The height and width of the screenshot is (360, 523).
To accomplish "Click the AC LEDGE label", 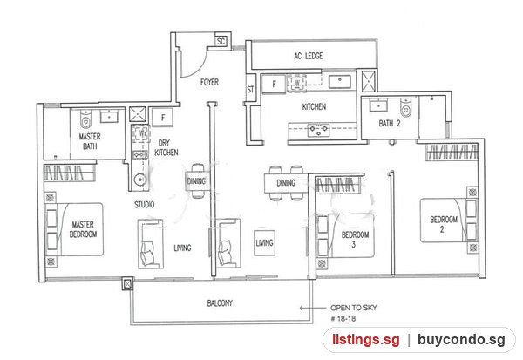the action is (x=309, y=56).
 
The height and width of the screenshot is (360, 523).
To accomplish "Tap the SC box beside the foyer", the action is (x=221, y=41).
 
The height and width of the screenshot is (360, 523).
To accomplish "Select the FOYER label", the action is (x=209, y=82).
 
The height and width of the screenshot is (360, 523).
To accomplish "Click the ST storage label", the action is (x=250, y=90).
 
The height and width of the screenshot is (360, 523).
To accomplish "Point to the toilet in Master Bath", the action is (x=85, y=119).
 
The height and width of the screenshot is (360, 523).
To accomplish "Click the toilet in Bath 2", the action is (x=406, y=108).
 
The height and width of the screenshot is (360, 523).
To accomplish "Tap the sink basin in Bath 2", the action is (x=378, y=106).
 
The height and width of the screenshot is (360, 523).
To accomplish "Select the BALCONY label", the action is (x=220, y=303).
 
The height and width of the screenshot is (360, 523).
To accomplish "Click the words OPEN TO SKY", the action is (x=354, y=308).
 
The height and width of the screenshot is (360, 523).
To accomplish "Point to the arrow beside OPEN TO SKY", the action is (x=313, y=308).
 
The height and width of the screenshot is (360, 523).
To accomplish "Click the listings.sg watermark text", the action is (x=366, y=340).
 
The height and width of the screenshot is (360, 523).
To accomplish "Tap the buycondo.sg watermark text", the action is (x=461, y=340).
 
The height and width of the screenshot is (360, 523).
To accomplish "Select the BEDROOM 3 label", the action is (x=355, y=239).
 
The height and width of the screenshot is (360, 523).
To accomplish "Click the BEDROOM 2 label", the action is (x=444, y=224).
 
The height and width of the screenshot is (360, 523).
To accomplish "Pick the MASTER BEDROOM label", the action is (x=83, y=229).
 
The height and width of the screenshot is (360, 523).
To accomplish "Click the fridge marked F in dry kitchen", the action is (x=163, y=118).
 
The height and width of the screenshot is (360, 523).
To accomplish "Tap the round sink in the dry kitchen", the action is (x=140, y=180).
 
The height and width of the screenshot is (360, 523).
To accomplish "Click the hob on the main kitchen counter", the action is (x=318, y=130).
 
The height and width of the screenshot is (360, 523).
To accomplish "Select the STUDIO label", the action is (x=145, y=205).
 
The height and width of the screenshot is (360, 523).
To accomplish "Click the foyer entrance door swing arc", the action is (x=200, y=68).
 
